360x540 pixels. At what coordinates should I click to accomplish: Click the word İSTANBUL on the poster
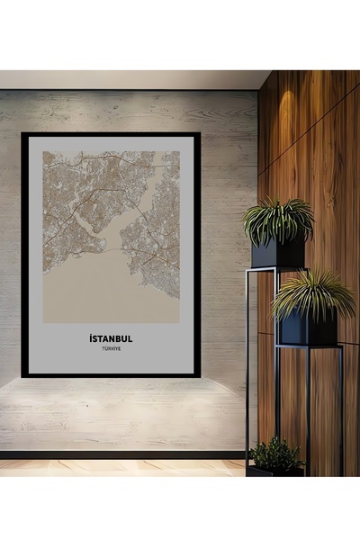[x=111, y=338]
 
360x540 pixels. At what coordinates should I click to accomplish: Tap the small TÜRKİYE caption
[x=111, y=350]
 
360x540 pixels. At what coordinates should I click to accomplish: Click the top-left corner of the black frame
[x=24, y=135]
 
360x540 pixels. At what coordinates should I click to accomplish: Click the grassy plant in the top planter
[x=277, y=220]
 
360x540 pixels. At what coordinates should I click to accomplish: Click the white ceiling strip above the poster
[x=126, y=79]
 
